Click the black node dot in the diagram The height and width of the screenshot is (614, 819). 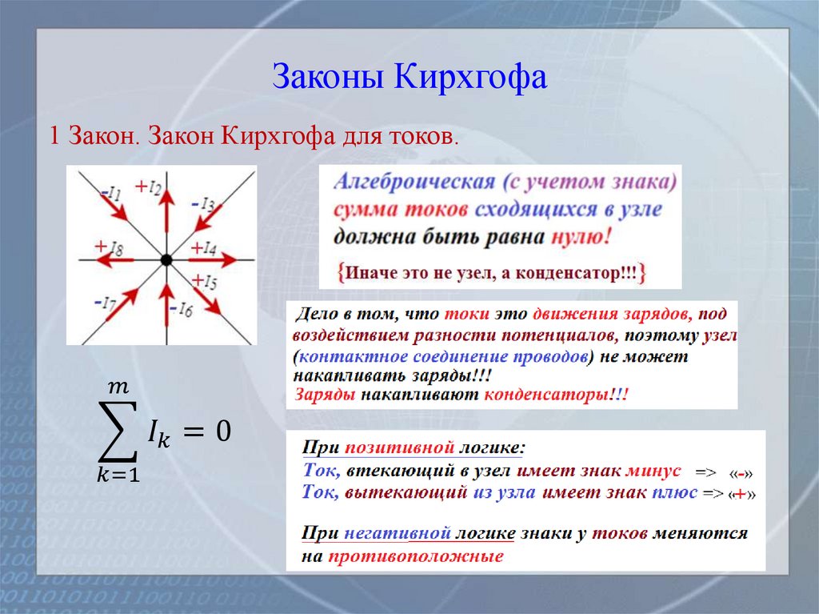[x=166, y=259]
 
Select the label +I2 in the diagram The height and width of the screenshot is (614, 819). [x=149, y=187]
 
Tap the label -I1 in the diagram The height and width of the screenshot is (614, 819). [x=110, y=194]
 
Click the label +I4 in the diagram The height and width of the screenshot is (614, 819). [x=204, y=248]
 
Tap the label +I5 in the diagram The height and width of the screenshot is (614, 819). [x=205, y=281]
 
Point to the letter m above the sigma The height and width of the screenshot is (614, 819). [x=118, y=387]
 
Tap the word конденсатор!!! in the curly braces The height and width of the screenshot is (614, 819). [x=584, y=273]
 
